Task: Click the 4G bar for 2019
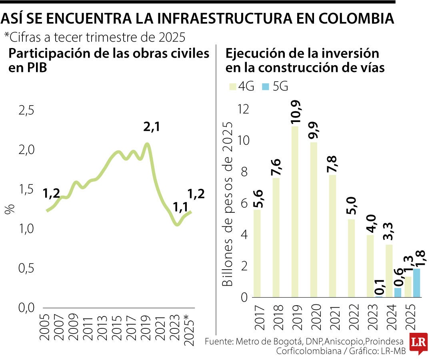point(295,212)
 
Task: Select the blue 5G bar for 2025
point(416,283)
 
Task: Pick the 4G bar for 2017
point(257,253)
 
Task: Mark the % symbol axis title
point(10,209)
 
